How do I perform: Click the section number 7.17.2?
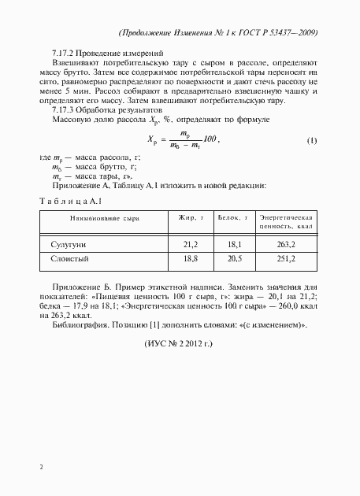[61, 52]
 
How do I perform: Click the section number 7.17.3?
[61, 112]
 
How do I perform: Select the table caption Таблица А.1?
[71, 200]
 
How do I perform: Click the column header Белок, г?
[233, 217]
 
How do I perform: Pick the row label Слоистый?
[68, 257]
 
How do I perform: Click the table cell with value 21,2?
[190, 244]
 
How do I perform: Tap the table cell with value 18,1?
[233, 244]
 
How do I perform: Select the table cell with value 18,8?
[190, 257]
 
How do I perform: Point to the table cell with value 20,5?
[233, 257]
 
